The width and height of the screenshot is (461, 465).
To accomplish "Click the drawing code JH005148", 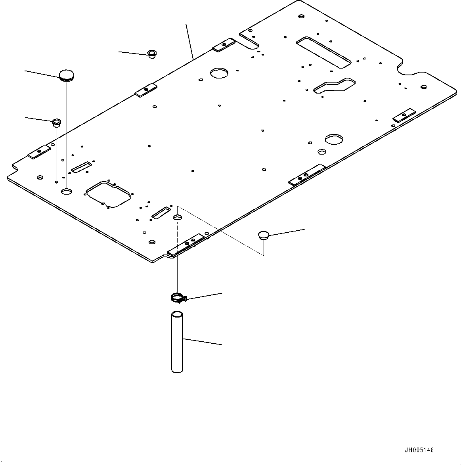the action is click(x=419, y=450).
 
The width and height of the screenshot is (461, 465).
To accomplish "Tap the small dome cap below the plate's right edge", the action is click(x=263, y=235).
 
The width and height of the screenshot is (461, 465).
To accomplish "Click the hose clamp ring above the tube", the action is click(x=178, y=297).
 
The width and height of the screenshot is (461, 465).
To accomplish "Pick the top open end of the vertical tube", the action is click(x=177, y=315).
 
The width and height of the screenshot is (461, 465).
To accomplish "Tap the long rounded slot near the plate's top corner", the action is click(x=323, y=51).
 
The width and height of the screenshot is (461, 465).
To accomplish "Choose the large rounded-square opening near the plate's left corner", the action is click(x=108, y=194).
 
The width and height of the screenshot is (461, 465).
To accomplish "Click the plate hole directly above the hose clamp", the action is click(x=178, y=217).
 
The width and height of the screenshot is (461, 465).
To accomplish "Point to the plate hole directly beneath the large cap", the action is click(x=67, y=191).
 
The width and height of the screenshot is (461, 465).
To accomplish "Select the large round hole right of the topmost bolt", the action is click(x=219, y=73).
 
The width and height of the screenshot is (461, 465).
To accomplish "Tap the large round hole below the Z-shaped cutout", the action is click(x=334, y=139).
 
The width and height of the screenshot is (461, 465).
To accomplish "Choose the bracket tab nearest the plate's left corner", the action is click(x=39, y=151).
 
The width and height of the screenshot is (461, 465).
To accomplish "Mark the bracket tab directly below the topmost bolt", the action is click(x=146, y=91).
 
